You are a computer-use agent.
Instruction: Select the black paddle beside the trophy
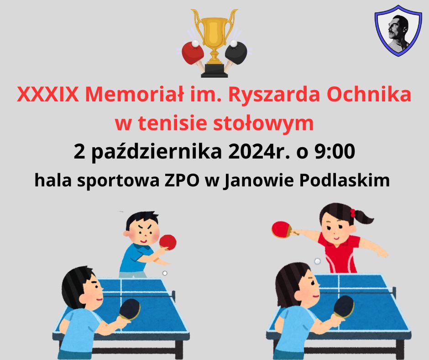point(236,53)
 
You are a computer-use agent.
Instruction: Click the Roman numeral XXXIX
point(47,95)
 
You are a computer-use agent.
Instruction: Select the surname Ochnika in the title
point(369,94)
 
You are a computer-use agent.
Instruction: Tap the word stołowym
point(263,123)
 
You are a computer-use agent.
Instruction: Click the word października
point(156,152)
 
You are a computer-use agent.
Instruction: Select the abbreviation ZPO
point(181,180)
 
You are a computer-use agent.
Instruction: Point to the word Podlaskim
point(345,180)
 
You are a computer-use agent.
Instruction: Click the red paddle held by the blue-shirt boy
point(167,243)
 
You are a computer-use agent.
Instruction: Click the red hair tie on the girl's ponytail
point(353,213)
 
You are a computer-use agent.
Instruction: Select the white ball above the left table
point(165,273)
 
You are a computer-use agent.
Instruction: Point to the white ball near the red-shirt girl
point(317,261)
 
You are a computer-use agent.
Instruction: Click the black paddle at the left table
point(130,309)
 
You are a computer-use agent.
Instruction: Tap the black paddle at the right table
point(344,307)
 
